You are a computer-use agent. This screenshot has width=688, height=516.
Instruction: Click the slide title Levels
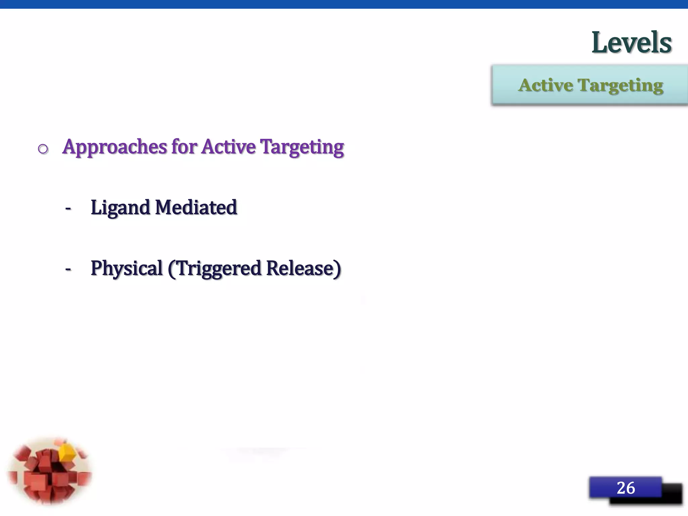coord(631,43)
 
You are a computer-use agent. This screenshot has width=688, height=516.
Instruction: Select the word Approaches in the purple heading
coord(115,147)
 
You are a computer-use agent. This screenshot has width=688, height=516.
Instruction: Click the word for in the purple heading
coord(184,147)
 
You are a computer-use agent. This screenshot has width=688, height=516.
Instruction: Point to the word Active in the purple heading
coord(228,147)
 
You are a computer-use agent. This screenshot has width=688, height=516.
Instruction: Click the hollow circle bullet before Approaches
coord(43,148)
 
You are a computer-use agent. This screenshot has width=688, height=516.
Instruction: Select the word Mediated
coord(196,207)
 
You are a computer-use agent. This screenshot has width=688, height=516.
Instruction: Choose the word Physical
coord(127,269)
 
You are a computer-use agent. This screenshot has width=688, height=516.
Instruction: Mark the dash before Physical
coord(68,269)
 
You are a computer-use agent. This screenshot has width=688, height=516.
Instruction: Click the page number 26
coord(626,488)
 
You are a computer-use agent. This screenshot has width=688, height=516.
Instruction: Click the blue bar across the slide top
coord(344,4)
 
